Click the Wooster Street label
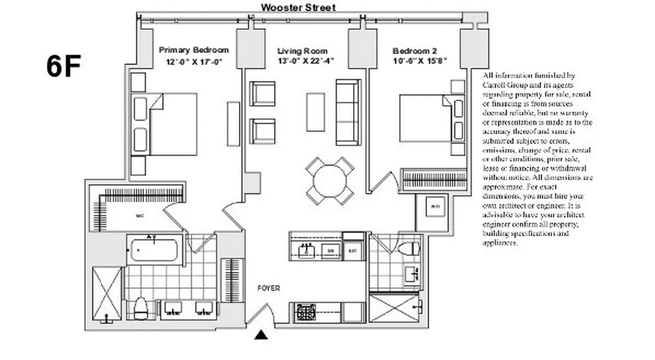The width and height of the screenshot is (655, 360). [x=298, y=7]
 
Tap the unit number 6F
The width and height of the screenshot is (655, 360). [x=63, y=66]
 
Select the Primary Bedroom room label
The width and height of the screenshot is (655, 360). [x=193, y=50]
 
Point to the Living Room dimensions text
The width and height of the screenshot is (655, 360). [x=305, y=62]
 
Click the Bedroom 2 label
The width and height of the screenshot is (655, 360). [x=414, y=51]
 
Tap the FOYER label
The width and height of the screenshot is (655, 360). [x=269, y=288]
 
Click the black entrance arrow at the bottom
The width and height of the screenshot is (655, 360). [x=261, y=335]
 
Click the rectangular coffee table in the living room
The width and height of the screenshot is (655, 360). [x=315, y=112]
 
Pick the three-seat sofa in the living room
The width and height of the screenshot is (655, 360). [x=348, y=112]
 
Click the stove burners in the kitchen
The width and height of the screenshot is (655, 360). [x=306, y=312]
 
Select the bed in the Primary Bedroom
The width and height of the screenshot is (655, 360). [x=173, y=124]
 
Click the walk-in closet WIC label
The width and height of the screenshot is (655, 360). [x=139, y=216]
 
